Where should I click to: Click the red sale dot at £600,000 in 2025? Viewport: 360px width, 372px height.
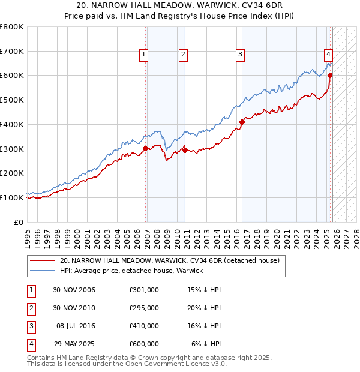(x=330, y=76)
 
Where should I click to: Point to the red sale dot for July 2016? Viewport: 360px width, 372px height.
(x=242, y=122)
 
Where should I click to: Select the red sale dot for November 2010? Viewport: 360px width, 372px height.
(x=184, y=149)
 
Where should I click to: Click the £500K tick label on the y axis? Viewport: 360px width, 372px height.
(x=11, y=100)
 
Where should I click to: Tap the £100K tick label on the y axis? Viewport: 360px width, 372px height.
(x=11, y=197)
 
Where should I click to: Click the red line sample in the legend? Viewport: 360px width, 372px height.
(x=42, y=261)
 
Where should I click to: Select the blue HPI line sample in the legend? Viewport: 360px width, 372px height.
(x=42, y=271)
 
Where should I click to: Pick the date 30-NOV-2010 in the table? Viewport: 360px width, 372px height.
(x=74, y=308)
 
